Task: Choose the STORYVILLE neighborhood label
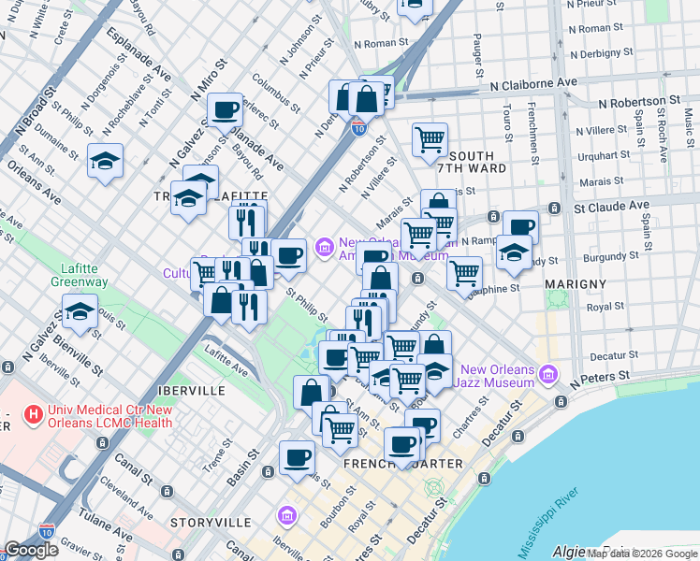pyautogui.click(x=211, y=521)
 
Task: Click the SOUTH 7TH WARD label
pyautogui.click(x=477, y=162)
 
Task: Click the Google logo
pyautogui.click(x=31, y=550)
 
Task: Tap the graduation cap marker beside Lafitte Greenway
pyautogui.click(x=80, y=313)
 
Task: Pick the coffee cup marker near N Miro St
pyautogui.click(x=225, y=110)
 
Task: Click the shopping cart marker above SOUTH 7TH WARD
pyautogui.click(x=429, y=139)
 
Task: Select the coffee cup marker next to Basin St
pyautogui.click(x=298, y=458)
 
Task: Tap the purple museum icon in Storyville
pyautogui.click(x=287, y=516)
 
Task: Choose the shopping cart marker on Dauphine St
pyautogui.click(x=464, y=272)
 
